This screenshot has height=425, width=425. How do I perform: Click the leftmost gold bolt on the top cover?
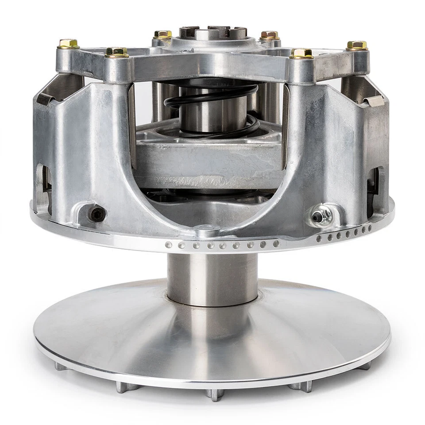point(68,43)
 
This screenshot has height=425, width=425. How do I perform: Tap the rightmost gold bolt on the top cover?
point(357,45)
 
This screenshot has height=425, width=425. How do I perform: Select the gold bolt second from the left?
point(117,52)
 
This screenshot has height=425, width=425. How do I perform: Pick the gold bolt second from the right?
point(301,54)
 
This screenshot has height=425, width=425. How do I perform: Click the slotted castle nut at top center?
point(213,33)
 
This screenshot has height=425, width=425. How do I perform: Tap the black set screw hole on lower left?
point(97,215)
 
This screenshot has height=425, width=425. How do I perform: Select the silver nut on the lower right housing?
point(318,217)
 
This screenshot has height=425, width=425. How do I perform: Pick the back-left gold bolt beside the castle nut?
point(163,35)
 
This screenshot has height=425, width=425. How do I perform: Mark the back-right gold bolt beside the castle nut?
point(269,35)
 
